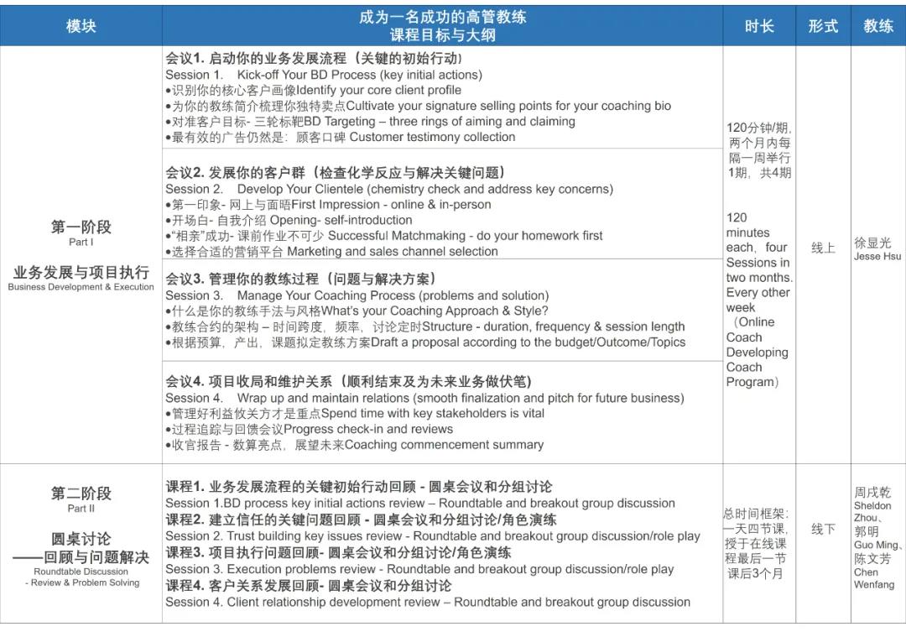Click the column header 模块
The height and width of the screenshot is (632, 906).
tap(81, 26)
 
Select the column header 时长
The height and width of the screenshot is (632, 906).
tap(758, 26)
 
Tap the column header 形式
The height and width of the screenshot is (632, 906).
tap(823, 26)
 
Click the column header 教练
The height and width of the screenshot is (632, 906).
tap(878, 26)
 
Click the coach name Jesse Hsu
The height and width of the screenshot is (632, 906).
tap(877, 256)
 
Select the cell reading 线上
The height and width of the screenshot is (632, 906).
tap(823, 248)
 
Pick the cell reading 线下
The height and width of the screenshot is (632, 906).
tap(823, 530)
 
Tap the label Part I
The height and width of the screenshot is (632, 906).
tap(81, 243)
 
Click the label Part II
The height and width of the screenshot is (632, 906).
tap(81, 509)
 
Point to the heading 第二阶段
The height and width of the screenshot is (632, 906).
tap(81, 494)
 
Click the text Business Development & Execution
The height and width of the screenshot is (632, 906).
tap(81, 287)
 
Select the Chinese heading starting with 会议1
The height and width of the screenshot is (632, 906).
tap(313, 58)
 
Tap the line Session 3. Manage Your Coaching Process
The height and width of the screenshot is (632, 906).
tap(357, 295)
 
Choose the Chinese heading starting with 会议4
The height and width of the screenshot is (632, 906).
tap(348, 382)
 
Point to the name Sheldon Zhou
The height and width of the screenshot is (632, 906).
tap(872, 512)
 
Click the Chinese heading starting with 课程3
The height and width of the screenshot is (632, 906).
tap(338, 553)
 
